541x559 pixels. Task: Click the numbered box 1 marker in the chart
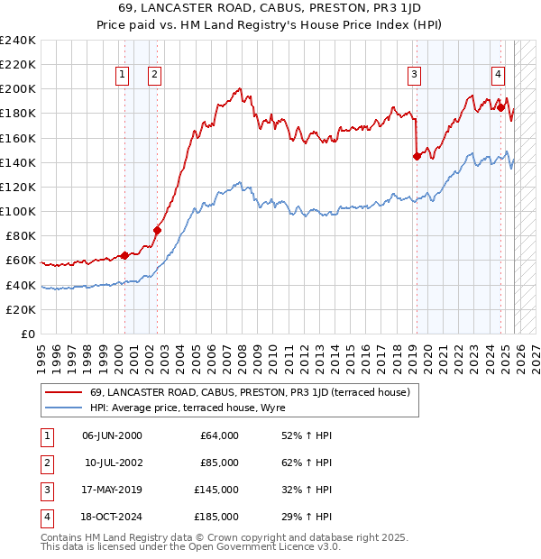(121, 76)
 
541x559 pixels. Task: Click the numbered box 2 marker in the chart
(155, 76)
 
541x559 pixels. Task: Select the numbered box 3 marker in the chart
(414, 76)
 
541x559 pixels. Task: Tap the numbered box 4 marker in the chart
(498, 76)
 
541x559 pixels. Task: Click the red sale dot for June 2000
(124, 255)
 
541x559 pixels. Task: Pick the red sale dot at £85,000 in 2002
(157, 230)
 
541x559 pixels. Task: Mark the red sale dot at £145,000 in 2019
(416, 156)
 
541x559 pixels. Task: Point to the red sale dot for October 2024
(500, 107)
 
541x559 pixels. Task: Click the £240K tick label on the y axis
(18, 41)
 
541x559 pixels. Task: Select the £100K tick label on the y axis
(18, 211)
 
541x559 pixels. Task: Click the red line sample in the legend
(63, 392)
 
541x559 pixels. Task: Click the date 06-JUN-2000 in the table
(112, 435)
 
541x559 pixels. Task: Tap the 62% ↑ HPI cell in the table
(307, 463)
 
